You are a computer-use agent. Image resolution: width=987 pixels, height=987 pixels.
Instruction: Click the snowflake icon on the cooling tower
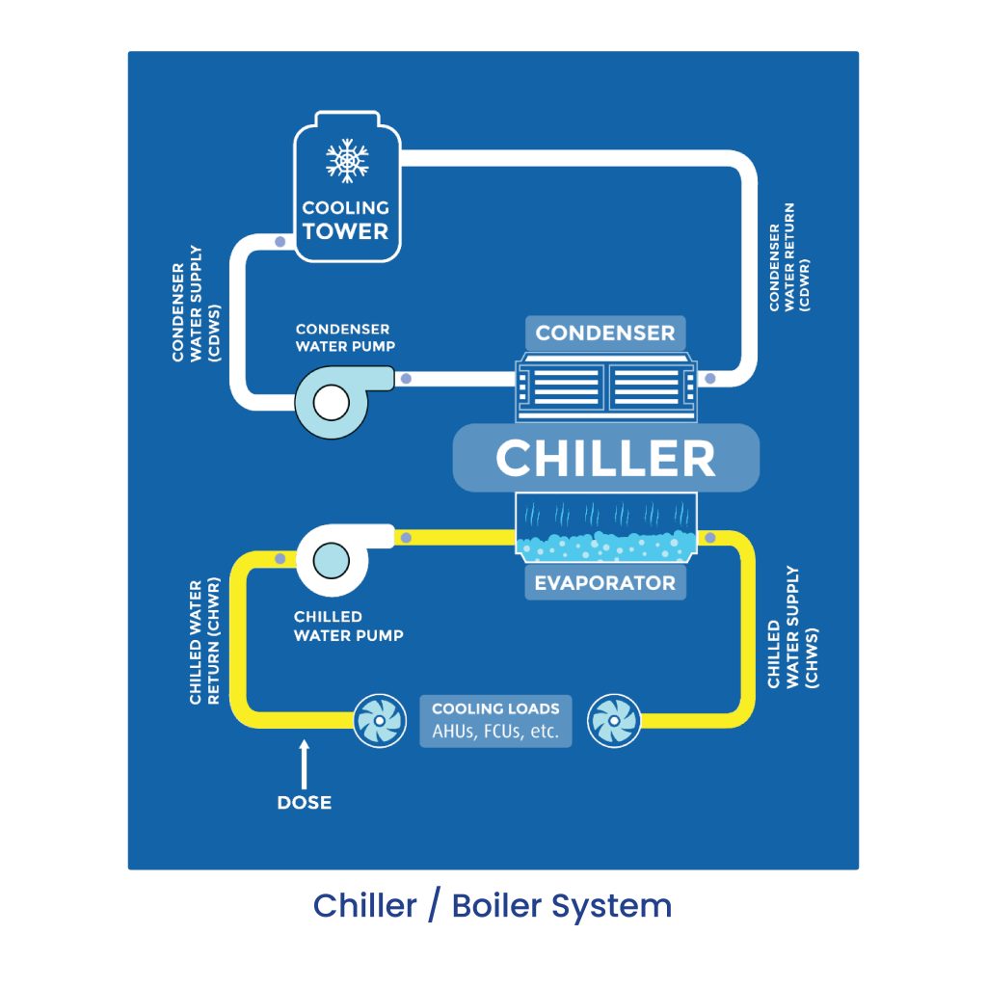click(x=347, y=161)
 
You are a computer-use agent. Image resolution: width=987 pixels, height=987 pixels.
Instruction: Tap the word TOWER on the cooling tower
click(x=346, y=231)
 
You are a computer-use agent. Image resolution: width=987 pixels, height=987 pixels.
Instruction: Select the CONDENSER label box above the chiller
click(x=605, y=333)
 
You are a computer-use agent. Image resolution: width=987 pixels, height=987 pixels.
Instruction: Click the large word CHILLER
click(x=605, y=458)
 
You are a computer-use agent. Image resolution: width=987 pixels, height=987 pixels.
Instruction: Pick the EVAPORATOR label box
click(x=605, y=583)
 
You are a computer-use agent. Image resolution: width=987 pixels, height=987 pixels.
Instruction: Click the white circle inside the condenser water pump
click(x=332, y=403)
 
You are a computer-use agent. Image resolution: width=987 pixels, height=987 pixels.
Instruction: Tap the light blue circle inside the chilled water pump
click(x=332, y=560)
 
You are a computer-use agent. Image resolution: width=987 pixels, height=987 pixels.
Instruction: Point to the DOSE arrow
click(x=304, y=764)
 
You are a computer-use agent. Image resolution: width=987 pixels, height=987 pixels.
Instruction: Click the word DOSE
click(x=304, y=803)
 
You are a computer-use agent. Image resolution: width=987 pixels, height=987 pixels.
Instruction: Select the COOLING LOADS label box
click(x=495, y=721)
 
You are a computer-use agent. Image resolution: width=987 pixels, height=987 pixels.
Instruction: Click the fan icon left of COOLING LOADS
click(x=379, y=721)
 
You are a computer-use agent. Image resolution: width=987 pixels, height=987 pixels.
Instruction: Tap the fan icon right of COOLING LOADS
click(x=614, y=721)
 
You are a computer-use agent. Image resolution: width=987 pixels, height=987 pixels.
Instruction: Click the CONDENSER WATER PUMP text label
click(x=345, y=337)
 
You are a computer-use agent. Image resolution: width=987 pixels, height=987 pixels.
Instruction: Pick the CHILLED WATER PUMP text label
click(x=348, y=627)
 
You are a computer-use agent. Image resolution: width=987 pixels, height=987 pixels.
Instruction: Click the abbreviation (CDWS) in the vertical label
click(x=215, y=333)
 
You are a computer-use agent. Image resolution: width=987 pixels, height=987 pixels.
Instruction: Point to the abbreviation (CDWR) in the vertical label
click(x=804, y=285)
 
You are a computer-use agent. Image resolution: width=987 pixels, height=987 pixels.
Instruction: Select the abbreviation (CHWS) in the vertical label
click(x=812, y=657)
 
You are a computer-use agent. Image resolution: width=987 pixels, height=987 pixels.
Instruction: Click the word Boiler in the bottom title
click(x=496, y=906)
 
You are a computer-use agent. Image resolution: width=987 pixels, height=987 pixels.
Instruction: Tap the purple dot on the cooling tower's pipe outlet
click(x=280, y=242)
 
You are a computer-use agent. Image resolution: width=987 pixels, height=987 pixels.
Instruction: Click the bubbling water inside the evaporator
click(x=605, y=546)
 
